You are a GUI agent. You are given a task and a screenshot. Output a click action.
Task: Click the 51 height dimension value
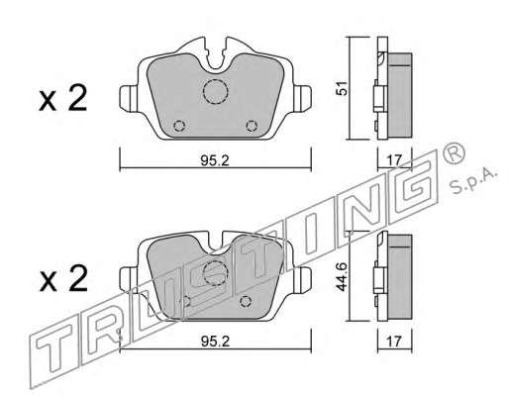click(344, 88)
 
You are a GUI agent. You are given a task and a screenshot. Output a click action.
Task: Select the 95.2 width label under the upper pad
click(215, 160)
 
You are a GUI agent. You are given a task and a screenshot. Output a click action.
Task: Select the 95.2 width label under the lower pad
click(215, 342)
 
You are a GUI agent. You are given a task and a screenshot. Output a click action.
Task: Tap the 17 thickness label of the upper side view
click(394, 160)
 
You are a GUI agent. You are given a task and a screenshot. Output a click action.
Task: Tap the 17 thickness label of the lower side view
click(394, 342)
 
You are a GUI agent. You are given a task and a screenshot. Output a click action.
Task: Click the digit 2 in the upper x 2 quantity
click(77, 98)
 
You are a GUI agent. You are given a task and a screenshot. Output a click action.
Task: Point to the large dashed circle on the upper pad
click(216, 91)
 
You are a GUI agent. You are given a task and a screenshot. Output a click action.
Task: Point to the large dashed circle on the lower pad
click(216, 273)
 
